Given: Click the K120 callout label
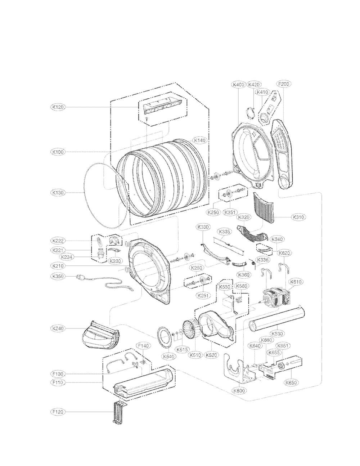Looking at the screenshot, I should [x=58, y=107].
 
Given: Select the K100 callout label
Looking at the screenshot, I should [x=58, y=152].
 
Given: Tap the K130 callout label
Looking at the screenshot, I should [x=58, y=193].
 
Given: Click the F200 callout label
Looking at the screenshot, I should [x=283, y=85].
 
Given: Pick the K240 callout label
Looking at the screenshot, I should [x=58, y=328].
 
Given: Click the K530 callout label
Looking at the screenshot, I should [x=277, y=333].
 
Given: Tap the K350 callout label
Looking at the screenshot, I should [x=58, y=277].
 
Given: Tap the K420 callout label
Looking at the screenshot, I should [x=254, y=85].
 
